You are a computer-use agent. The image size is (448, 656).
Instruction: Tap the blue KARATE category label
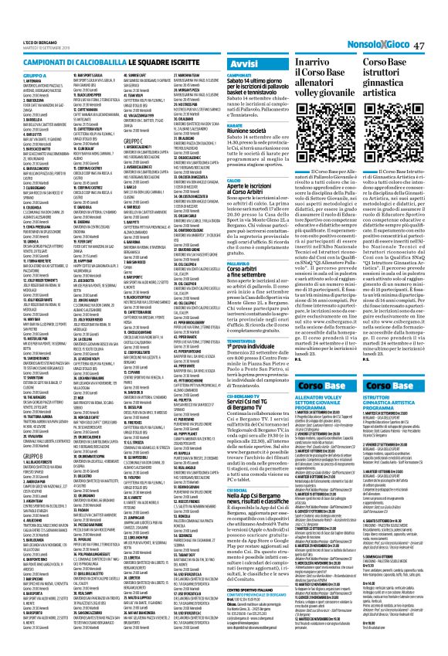(x=233, y=124)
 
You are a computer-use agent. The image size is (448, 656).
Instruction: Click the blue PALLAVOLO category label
(x=236, y=261)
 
